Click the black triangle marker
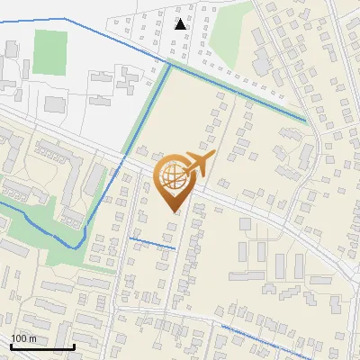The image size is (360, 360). pos(182,24)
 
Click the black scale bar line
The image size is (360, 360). pos(41,346)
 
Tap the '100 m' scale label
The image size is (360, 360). pos(23,338)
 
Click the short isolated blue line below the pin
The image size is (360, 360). pos(152,242)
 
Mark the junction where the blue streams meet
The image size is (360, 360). pos(169,64)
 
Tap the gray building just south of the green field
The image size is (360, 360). pos(54,103)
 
